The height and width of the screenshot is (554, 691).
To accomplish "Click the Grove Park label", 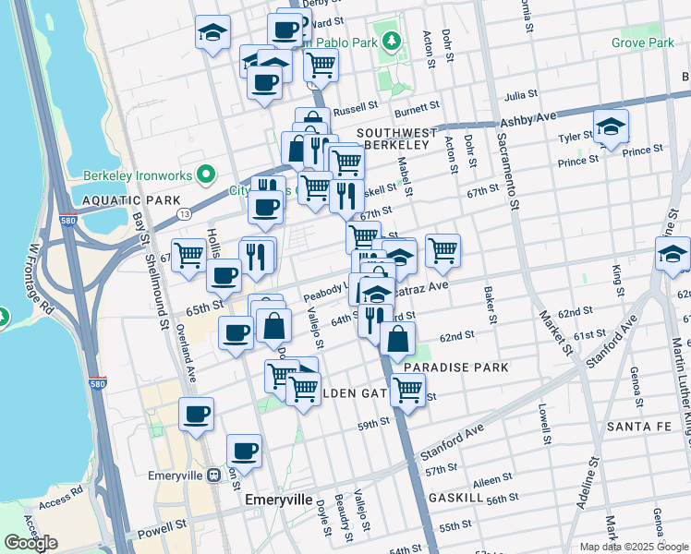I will pos(642,42).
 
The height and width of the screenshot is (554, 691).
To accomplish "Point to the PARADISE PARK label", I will pos(455,367).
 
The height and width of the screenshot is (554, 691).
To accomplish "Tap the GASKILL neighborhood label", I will pos(455,498).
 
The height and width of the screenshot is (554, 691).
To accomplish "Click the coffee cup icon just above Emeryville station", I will pos(245,451).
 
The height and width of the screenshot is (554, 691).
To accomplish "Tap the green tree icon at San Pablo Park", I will pos(392,41).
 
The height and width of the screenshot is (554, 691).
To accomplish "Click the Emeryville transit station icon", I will pos(213,475).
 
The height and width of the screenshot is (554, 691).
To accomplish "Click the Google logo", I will pos(30,543).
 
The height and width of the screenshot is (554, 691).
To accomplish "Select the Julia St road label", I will pos(521,94).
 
